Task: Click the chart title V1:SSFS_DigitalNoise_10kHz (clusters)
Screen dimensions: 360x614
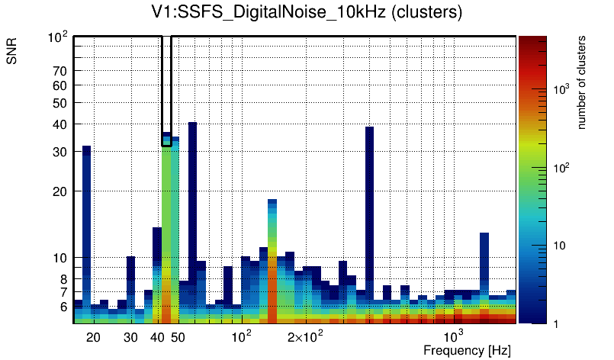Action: click(x=307, y=13)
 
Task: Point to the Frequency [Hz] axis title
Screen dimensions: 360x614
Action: click(x=467, y=350)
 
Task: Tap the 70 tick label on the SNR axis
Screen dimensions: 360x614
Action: click(x=60, y=71)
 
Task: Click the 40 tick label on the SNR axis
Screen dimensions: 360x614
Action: click(x=60, y=124)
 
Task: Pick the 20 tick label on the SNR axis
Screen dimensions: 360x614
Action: click(x=60, y=191)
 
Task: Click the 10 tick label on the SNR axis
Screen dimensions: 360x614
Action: click(x=60, y=258)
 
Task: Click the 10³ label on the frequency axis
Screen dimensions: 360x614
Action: click(x=454, y=336)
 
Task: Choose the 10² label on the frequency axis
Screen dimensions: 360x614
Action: click(x=241, y=336)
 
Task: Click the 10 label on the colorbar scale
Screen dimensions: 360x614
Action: click(x=558, y=246)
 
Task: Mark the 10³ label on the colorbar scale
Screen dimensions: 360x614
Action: click(x=560, y=90)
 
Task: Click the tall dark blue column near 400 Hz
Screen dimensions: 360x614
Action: click(x=369, y=206)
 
